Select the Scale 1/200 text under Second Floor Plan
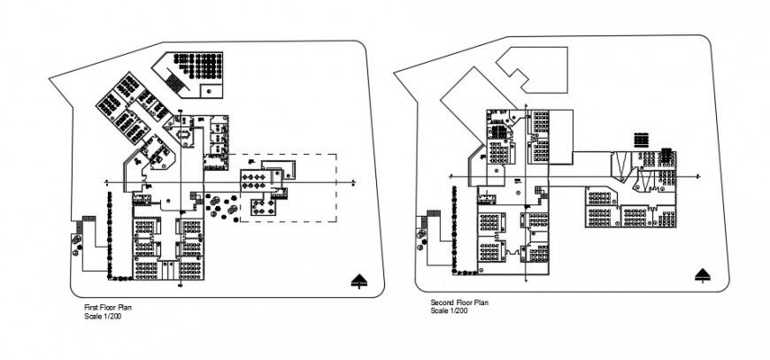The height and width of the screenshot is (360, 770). click(449, 310)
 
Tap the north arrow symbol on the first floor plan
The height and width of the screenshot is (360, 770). click(358, 280)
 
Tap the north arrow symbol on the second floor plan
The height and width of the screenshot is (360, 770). click(705, 273)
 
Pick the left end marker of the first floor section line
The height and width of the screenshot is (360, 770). click(106, 182)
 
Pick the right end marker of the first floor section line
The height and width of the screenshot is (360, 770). click(352, 182)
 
